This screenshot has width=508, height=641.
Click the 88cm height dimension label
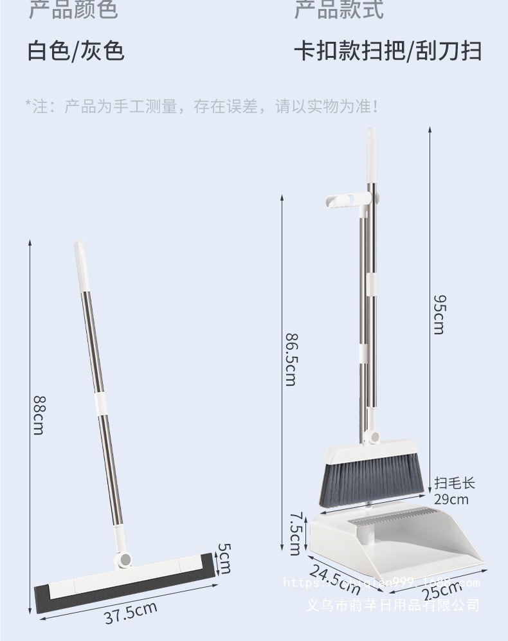pyautogui.click(x=38, y=415)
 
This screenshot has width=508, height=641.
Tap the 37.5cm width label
pyautogui.click(x=131, y=612)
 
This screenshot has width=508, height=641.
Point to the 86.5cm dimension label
pyautogui.click(x=290, y=358)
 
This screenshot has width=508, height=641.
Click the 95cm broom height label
pyautogui.click(x=438, y=314)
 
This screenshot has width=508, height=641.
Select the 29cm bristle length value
pyautogui.click(x=451, y=499)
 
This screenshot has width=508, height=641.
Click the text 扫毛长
pyautogui.click(x=454, y=483)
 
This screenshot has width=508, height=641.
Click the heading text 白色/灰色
pyautogui.click(x=76, y=50)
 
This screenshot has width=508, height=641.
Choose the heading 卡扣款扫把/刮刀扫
pyautogui.click(x=388, y=50)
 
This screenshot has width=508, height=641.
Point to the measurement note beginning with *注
pyautogui.click(x=201, y=106)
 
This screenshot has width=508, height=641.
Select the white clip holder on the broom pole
pyautogui.click(x=346, y=201)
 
